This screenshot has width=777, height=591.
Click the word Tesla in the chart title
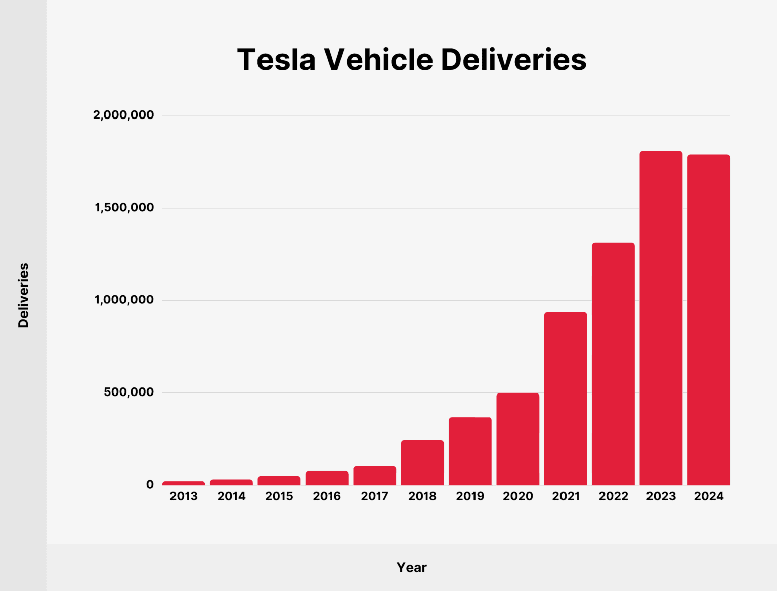click(276, 60)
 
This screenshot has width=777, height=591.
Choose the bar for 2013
click(184, 483)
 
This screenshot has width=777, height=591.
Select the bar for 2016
click(327, 478)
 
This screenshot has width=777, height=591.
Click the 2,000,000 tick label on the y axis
click(123, 115)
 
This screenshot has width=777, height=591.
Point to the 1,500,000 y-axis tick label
click(124, 208)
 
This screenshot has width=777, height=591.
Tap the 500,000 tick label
click(129, 392)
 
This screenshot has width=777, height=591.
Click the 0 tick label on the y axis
click(150, 485)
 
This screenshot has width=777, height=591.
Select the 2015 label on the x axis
click(279, 496)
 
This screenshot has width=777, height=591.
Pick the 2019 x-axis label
click(470, 496)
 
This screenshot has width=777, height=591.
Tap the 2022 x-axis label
click(613, 496)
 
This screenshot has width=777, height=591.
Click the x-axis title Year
click(411, 567)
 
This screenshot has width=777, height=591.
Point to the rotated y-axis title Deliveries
click(23, 295)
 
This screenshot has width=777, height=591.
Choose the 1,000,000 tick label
click(124, 300)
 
